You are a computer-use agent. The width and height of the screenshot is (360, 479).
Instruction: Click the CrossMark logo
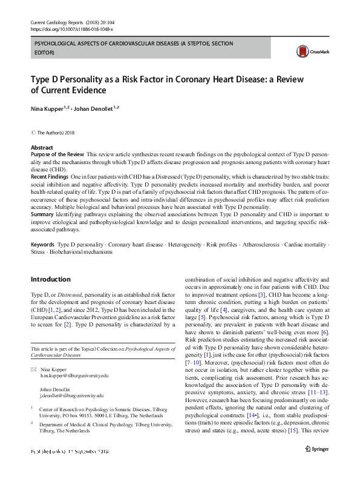point(307,53)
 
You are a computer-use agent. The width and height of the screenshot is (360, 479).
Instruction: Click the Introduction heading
point(50,279)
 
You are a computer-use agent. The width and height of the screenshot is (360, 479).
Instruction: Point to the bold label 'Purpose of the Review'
point(57,155)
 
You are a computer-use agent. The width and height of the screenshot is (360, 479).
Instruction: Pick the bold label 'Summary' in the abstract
point(42,214)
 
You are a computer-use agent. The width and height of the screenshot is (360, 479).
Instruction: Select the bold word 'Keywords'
point(42,244)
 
